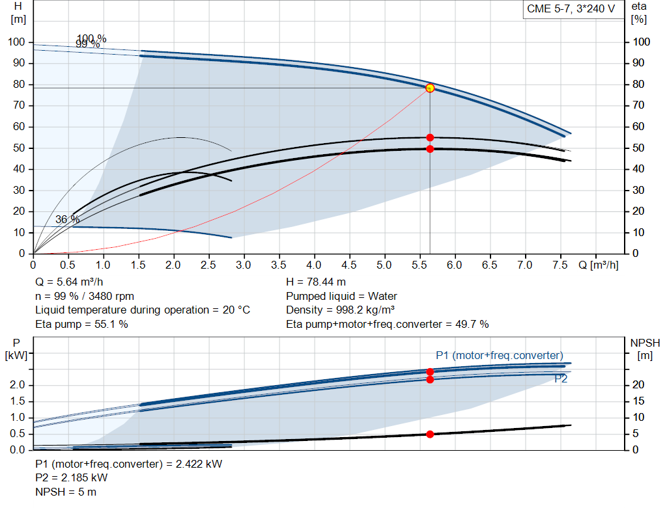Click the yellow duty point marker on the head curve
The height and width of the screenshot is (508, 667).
[x=430, y=88]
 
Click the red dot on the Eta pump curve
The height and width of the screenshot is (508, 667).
[x=430, y=138]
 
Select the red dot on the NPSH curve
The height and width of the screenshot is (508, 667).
[x=430, y=434]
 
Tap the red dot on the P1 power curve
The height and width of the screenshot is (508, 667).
[x=430, y=371]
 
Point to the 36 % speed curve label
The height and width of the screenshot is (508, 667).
[x=67, y=219]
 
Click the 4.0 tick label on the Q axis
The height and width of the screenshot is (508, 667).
[x=314, y=265]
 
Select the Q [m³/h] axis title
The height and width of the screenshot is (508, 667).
[x=599, y=265]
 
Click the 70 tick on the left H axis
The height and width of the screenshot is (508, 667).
[x=19, y=105]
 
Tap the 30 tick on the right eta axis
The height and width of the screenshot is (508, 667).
[x=638, y=191]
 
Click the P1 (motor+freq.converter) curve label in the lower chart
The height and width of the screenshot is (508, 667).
[x=500, y=355]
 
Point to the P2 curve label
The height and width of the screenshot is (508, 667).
[x=561, y=379]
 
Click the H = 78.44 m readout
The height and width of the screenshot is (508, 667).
[x=316, y=282]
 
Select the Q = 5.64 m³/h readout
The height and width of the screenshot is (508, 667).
[x=69, y=282]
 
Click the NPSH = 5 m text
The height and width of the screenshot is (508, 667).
[x=66, y=492]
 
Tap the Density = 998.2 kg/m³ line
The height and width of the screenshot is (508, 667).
[x=340, y=310]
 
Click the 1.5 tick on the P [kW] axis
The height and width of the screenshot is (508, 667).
[x=18, y=401]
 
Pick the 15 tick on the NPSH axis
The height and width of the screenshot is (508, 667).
[x=638, y=401]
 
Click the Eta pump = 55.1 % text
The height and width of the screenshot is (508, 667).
[x=81, y=325]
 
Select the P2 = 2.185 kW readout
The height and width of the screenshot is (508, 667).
[x=72, y=478]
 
